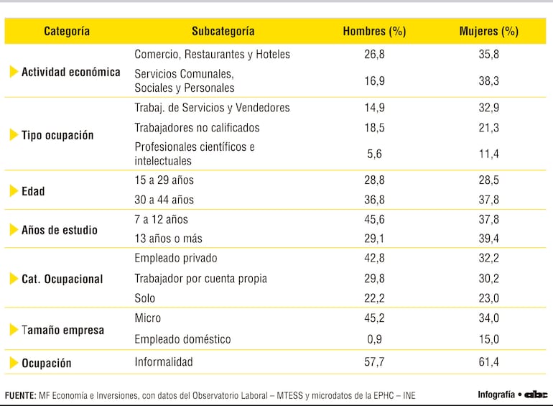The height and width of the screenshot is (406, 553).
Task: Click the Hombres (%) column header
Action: click(374, 32)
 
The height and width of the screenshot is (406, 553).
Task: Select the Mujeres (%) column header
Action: click(488, 32)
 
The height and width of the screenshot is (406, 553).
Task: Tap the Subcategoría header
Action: click(223, 32)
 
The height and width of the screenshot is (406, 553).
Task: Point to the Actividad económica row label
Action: click(70, 72)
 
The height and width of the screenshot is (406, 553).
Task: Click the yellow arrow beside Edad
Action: click(14, 191)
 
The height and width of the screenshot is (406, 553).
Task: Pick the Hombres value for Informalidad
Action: click(374, 362)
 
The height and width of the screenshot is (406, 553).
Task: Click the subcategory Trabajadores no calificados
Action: click(197, 128)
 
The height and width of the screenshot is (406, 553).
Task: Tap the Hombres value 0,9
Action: click(374, 339)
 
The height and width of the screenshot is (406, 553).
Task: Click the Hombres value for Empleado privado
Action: click(374, 258)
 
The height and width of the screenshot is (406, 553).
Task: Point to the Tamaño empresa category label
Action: click(62, 331)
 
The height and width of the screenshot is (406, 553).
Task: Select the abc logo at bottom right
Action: click(535, 395)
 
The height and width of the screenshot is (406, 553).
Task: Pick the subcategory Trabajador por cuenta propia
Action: click(200, 278)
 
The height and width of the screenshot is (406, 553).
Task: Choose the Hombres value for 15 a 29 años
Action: click(374, 180)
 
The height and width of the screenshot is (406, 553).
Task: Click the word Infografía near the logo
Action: click(496, 395)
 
